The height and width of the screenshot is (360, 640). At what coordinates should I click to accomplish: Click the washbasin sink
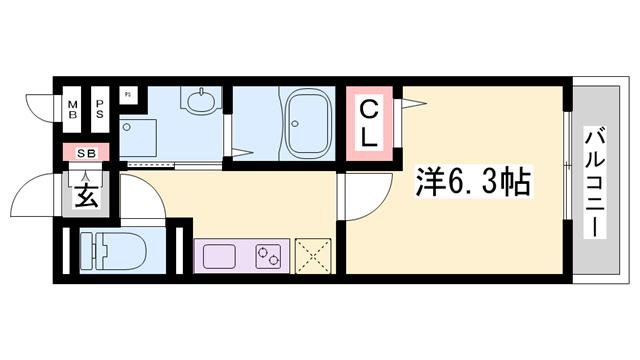199,103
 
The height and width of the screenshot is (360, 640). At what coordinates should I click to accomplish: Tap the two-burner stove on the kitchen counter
269,257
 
